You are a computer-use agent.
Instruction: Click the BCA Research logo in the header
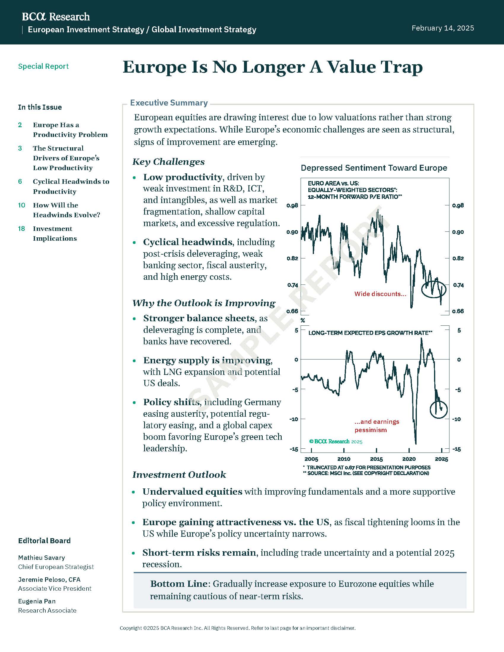click(x=56, y=17)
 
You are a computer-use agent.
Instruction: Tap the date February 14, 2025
click(x=443, y=28)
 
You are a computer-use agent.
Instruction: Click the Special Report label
click(x=43, y=66)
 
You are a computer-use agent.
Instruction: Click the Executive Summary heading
click(x=169, y=103)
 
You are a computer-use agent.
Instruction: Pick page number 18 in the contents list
click(x=22, y=229)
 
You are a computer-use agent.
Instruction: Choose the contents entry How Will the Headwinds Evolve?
click(x=66, y=210)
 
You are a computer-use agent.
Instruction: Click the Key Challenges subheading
click(x=168, y=162)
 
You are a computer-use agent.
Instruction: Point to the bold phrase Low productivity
click(x=182, y=177)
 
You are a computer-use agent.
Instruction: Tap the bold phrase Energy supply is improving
click(x=207, y=360)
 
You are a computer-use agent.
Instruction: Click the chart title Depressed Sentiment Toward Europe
click(x=374, y=168)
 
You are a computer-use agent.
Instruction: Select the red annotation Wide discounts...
click(x=380, y=294)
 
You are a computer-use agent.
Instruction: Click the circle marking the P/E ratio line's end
click(x=433, y=289)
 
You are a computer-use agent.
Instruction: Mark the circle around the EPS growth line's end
click(x=438, y=410)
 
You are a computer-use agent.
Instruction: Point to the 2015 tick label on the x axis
click(x=376, y=459)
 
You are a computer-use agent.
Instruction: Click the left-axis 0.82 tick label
click(x=292, y=258)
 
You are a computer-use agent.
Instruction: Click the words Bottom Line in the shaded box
click(x=178, y=584)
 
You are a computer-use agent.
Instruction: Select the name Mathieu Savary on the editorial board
click(x=42, y=558)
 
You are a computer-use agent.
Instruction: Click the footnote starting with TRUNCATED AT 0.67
click(x=369, y=467)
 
